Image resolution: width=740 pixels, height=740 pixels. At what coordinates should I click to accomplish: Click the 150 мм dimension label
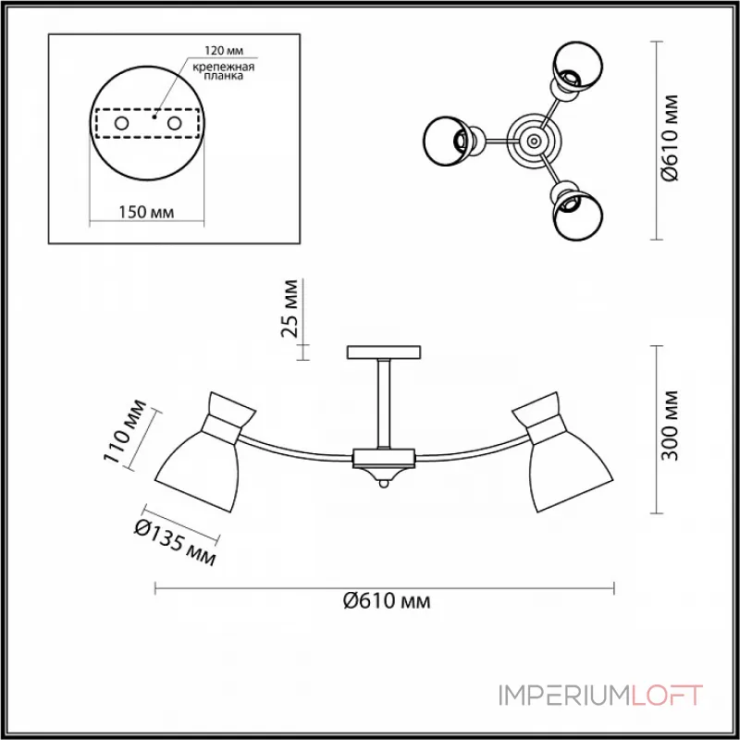click(146, 213)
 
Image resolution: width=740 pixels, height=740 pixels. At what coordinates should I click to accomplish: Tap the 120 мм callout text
click(224, 51)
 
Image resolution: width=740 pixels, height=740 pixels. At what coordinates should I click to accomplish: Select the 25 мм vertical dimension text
click(290, 309)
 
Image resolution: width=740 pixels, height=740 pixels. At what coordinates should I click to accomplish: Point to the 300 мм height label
click(669, 425)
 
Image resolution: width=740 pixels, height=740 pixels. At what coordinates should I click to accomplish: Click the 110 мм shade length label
click(125, 432)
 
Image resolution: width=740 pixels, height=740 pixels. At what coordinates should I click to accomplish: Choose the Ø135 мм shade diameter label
click(175, 542)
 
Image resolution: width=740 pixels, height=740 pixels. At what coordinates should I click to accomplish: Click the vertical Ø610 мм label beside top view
click(669, 138)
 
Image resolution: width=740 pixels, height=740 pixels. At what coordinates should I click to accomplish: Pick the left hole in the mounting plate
click(121, 124)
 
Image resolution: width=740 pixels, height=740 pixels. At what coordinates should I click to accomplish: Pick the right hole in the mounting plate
click(174, 124)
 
